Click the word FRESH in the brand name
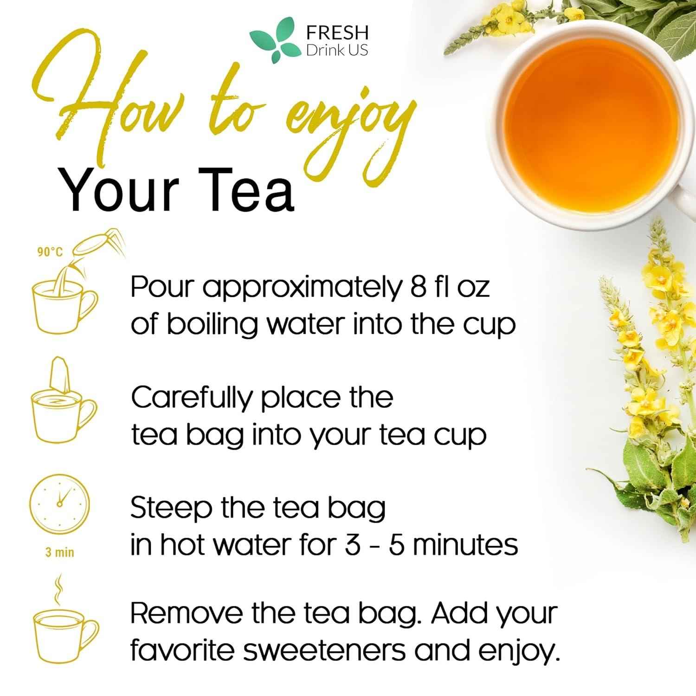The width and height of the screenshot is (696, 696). coord(337,33)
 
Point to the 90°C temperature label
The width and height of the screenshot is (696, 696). coord(50,252)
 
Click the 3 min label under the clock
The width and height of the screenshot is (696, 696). coord(59,552)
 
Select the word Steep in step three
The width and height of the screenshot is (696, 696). coord(171,509)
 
